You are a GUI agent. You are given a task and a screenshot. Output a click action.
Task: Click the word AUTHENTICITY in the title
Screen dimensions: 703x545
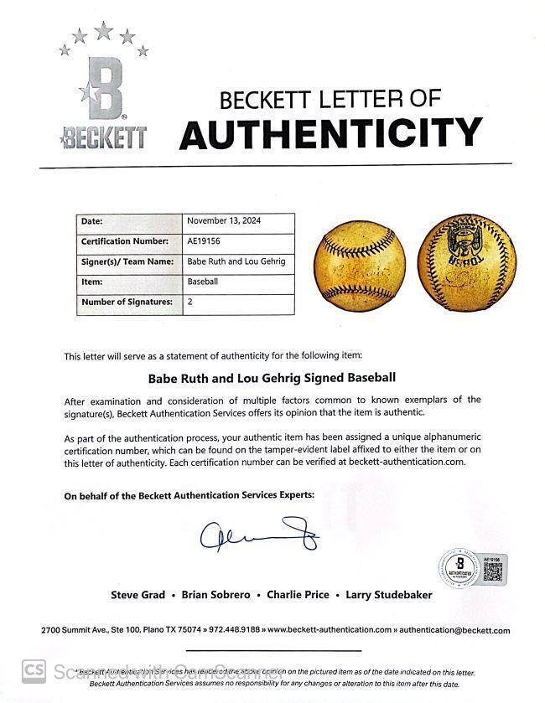331,132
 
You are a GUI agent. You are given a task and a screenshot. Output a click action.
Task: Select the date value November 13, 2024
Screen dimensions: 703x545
221,222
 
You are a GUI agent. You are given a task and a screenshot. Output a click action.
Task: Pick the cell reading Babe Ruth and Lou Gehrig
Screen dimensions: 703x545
236,262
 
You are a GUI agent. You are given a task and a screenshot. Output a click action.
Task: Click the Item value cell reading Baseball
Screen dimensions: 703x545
203,282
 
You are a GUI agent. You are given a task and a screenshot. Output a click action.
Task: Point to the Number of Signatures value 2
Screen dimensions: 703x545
190,302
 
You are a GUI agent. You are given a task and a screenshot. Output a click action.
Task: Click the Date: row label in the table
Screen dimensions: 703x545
91,222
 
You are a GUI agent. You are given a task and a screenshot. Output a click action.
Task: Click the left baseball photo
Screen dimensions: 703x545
359,266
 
